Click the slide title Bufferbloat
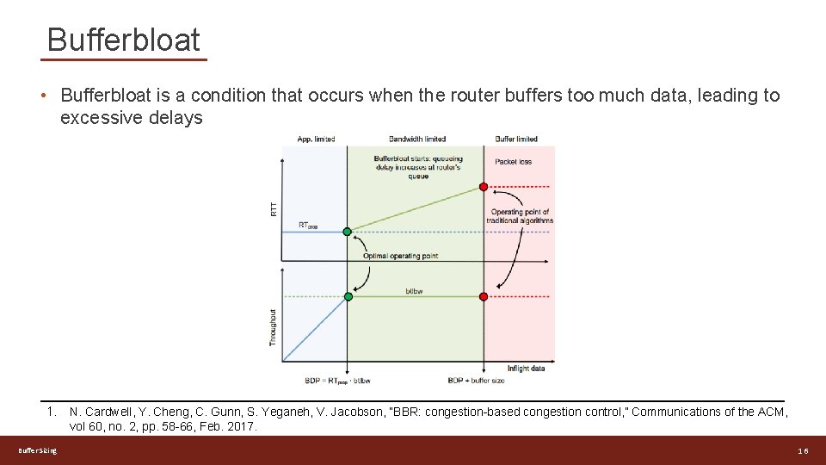tap(124, 40)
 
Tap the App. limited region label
tap(316, 139)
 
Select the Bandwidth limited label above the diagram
tap(417, 139)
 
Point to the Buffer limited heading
tap(516, 139)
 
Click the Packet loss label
tap(514, 161)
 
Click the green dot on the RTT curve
tap(348, 232)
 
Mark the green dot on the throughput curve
tap(348, 296)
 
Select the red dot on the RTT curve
tap(484, 186)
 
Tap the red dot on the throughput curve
tap(484, 296)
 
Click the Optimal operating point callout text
tap(400, 256)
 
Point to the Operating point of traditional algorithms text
tap(520, 216)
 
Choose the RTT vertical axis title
tap(274, 208)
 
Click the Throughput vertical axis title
tap(274, 328)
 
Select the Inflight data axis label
tap(526, 369)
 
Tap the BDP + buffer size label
tap(477, 380)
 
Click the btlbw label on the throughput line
tap(414, 291)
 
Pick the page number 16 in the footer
tap(802, 451)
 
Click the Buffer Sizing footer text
tap(38, 451)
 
